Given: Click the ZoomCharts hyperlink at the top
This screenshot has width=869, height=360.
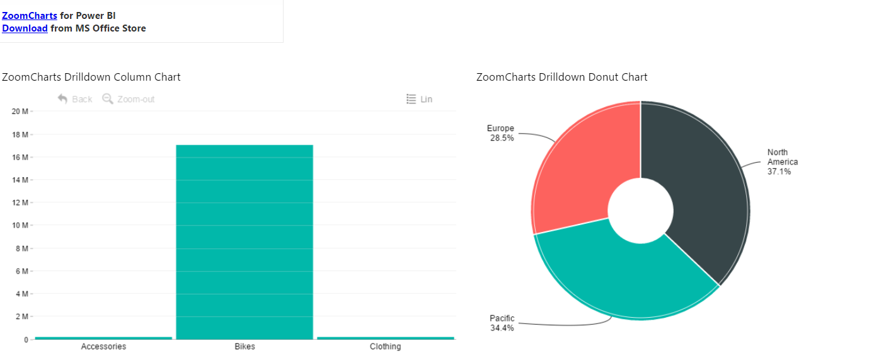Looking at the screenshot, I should point(29,16).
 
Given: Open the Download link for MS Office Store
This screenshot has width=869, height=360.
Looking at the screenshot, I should point(25,28).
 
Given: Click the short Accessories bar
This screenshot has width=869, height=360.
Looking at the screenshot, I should point(103,338).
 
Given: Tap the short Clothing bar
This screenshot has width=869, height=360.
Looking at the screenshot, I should point(385,338).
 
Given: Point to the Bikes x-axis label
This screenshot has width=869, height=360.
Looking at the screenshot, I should point(245,347).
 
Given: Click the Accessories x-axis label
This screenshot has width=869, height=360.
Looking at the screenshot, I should point(103,347).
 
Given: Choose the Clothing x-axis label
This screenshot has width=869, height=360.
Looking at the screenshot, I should point(385,347).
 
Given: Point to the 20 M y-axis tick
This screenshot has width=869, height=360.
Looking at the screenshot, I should point(20,112).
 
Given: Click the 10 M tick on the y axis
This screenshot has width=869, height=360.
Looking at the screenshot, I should point(20,226).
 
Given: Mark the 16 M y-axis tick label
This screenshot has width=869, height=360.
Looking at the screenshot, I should point(20,157).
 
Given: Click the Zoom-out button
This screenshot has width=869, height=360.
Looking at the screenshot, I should point(129,99).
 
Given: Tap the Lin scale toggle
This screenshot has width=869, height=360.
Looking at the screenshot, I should point(420,99).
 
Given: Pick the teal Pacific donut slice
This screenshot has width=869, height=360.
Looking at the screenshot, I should point(624,277).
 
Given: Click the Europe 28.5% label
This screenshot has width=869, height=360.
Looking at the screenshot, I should point(501,133).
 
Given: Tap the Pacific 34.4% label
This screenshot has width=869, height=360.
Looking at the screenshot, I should point(502,323).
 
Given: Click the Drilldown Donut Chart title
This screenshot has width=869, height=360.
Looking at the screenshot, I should point(561,77).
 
